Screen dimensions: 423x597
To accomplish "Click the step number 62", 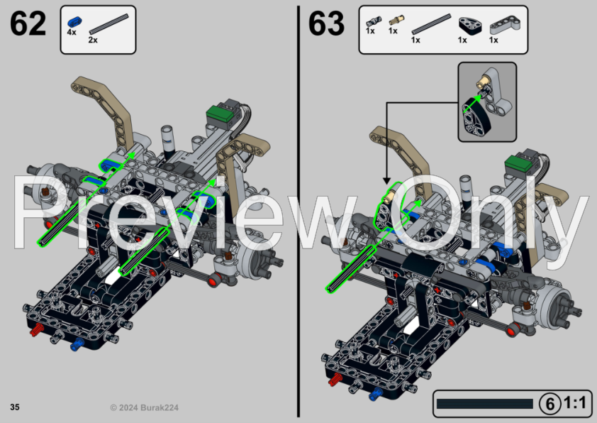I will [28, 23].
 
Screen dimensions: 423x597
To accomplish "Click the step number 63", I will [326, 23].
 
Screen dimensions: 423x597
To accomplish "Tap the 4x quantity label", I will [72, 33].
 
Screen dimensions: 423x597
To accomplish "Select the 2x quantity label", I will [93, 40].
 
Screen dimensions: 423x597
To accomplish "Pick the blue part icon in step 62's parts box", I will [73, 22].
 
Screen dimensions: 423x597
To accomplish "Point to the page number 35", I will [15, 407].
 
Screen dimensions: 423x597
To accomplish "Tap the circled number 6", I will [549, 404].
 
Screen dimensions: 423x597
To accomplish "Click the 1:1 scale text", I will [575, 404].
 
